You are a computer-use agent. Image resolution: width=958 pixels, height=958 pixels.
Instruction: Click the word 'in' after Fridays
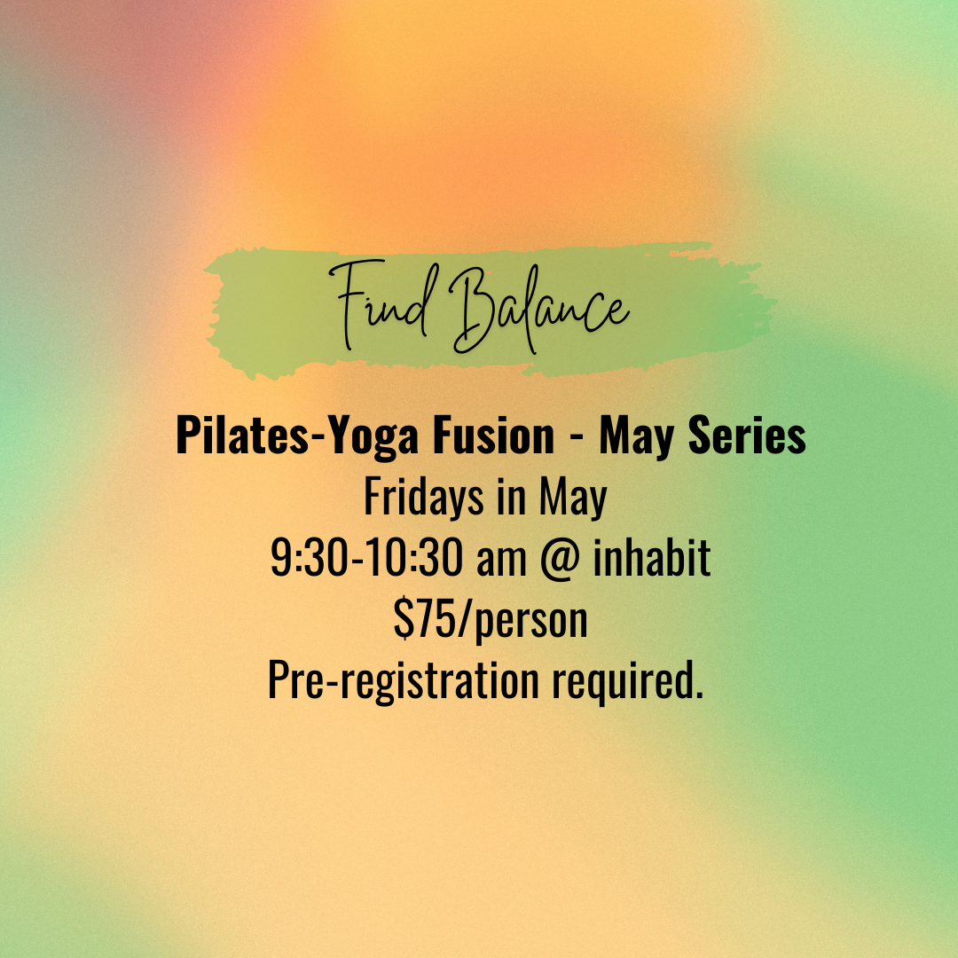click(513, 499)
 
